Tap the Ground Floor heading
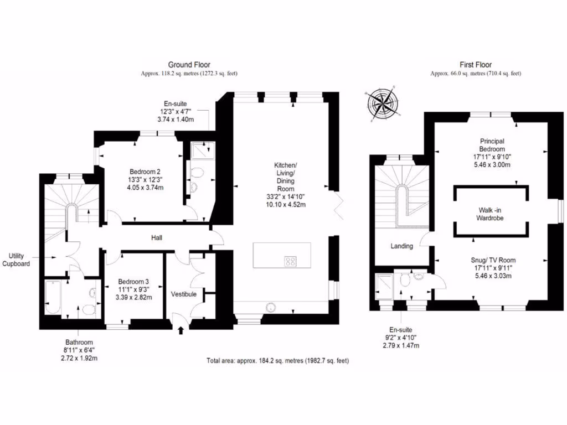[x=189, y=65]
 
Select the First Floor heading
[x=476, y=65]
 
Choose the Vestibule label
[x=183, y=294]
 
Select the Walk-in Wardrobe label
[x=491, y=214]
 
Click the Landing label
[x=401, y=246]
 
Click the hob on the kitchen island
[x=290, y=261]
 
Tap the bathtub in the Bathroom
[x=53, y=296]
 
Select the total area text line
[x=277, y=361]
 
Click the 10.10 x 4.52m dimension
[x=286, y=205]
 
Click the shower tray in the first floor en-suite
[x=383, y=284]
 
